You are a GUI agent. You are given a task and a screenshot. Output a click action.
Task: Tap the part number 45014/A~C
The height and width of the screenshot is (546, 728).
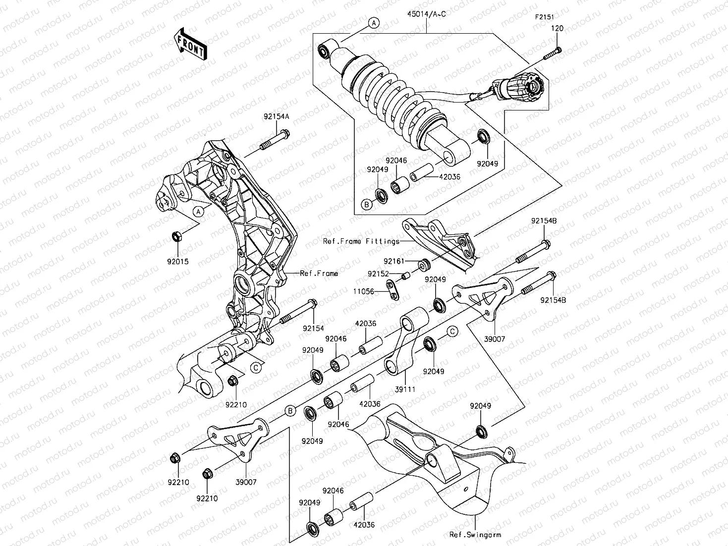click(x=427, y=14)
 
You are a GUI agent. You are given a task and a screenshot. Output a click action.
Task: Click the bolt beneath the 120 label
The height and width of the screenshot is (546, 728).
click(x=553, y=53)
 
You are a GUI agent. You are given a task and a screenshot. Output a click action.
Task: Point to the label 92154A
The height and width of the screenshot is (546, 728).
click(x=276, y=117)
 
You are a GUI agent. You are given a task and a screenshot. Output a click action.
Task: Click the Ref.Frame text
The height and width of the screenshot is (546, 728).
click(x=319, y=273)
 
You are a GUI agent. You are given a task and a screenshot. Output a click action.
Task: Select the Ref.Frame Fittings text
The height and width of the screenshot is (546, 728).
click(x=361, y=241)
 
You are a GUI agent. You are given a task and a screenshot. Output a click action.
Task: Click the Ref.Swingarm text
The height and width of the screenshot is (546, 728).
click(x=475, y=535)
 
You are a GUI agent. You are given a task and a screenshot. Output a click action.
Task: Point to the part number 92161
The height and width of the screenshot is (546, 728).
click(x=393, y=261)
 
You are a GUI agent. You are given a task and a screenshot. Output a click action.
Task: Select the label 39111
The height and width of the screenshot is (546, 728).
click(x=405, y=389)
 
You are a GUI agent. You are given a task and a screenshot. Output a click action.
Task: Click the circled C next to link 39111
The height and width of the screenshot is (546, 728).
click(x=452, y=331)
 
